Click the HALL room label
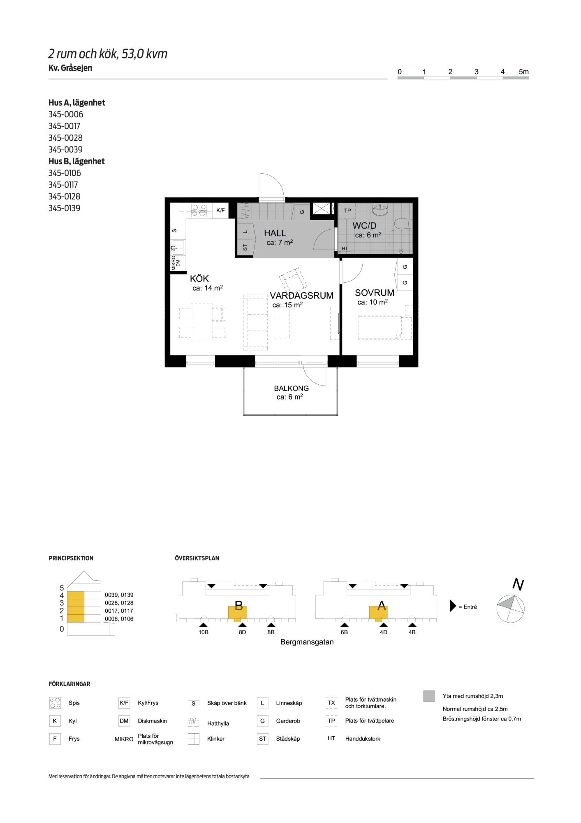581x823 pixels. point(275,233)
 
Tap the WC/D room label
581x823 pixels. point(364,226)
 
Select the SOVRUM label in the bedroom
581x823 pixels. point(375,293)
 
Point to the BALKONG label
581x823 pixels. point(292,388)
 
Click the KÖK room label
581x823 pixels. point(199,279)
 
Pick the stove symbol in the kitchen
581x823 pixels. point(199,211)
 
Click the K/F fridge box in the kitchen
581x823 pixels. point(221,211)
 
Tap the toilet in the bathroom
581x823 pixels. point(403,224)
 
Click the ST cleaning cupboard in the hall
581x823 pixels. point(245,248)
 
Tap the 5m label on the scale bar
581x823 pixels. point(524,72)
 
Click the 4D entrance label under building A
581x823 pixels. point(383,632)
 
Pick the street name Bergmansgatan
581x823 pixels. point(307,642)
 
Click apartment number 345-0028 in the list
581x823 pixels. point(65,138)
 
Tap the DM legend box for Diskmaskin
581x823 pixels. point(124,721)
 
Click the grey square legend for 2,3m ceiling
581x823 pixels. point(429,696)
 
